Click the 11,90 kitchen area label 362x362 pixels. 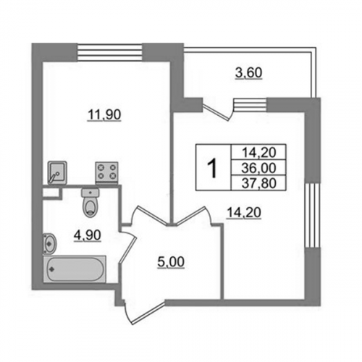pos(104,115)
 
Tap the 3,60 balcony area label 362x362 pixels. pos(248,73)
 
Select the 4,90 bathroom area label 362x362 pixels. pos(88,235)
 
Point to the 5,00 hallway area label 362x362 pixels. pos(171,262)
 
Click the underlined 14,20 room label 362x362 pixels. pos(244,213)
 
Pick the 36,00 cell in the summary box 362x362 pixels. pos(258,168)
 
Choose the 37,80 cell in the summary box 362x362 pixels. pos(258,183)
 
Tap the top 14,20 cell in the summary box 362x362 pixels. pos(258,153)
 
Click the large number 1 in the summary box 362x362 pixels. pos(213,169)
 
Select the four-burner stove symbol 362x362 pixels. pos(107,172)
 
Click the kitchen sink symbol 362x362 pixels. pos(57,173)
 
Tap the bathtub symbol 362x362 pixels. pos(75,269)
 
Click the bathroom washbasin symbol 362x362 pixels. pos(50,243)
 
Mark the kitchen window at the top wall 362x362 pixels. pos(109,52)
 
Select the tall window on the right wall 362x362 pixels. pos(313,215)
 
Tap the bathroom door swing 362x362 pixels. pos(128,246)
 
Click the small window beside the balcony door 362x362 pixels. pos(250,104)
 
